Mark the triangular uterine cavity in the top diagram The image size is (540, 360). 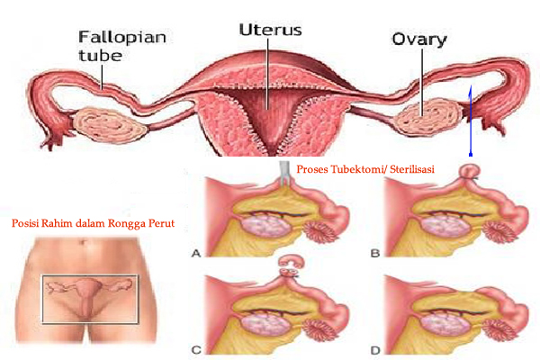[268, 117]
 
